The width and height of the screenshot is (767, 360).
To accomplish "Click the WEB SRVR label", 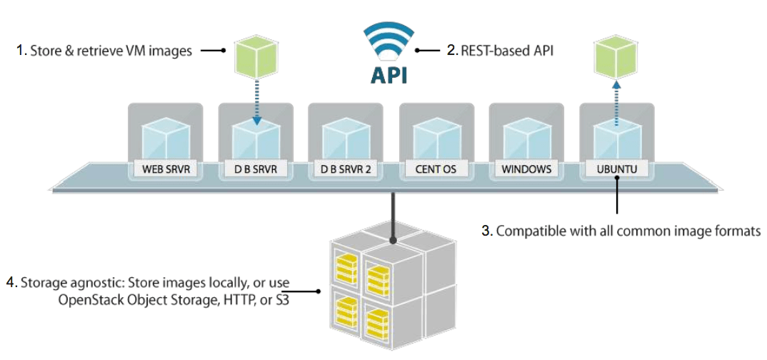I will point(165,170).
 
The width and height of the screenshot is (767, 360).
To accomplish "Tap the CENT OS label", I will point(436,170).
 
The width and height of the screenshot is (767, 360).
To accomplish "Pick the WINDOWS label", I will point(526,170).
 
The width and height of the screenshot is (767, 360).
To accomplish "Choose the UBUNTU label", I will point(616,170).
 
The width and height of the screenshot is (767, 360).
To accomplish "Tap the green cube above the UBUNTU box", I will point(616,57).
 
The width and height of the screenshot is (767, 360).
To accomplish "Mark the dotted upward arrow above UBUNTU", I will point(616,101).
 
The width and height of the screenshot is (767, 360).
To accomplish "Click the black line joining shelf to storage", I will point(391,214).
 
